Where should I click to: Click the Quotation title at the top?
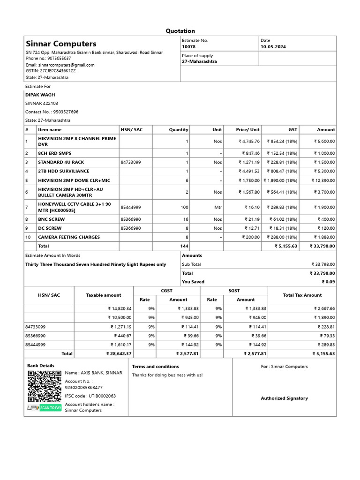pyautogui.click(x=180, y=31)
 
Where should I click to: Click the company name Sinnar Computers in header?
pyautogui.click(x=61, y=44)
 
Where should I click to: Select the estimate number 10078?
pyautogui.click(x=189, y=47)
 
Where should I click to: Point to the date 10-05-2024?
pyautogui.click(x=273, y=47)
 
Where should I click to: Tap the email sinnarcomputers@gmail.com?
pyautogui.click(x=60, y=65)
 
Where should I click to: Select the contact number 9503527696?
pyautogui.click(x=52, y=112)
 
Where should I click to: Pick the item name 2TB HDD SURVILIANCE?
pyautogui.click(x=63, y=171)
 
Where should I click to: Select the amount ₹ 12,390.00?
pyautogui.click(x=323, y=180)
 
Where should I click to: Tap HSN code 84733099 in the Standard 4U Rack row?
pyautogui.click(x=130, y=162)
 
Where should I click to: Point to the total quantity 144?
pyautogui.click(x=184, y=246)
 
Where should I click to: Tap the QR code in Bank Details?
pyautogui.click(x=44, y=386)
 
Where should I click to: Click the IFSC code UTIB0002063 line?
pyautogui.click(x=90, y=396)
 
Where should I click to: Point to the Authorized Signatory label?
pyautogui.click(x=284, y=398)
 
